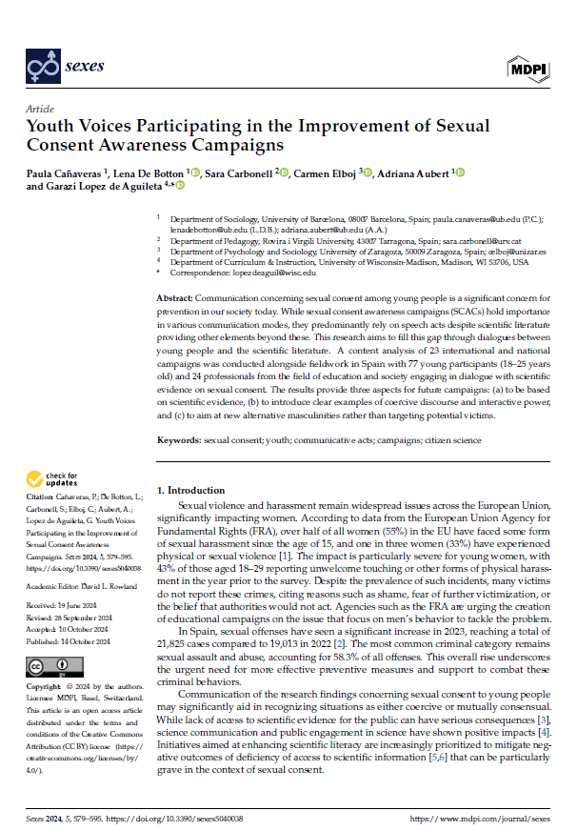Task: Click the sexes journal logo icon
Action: (x=42, y=68)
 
